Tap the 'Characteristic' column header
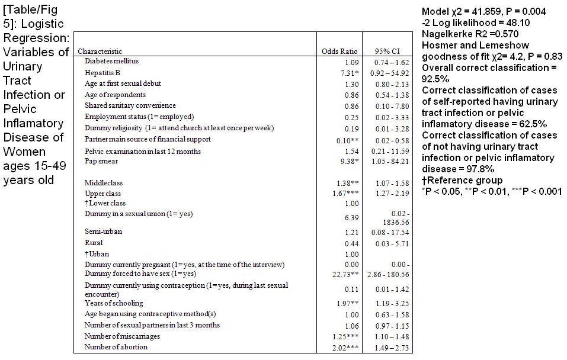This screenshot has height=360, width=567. point(100,52)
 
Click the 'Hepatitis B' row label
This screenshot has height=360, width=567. point(102,72)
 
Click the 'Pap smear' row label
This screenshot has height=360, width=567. point(101,161)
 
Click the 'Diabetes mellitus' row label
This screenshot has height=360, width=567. point(112,61)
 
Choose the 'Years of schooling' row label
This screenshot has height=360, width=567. point(114,303)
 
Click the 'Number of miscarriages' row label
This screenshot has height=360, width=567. point(122,336)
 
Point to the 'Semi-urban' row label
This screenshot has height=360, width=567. point(103,232)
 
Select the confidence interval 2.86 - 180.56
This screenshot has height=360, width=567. point(390,275)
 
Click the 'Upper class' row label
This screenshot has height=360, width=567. point(103,194)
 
